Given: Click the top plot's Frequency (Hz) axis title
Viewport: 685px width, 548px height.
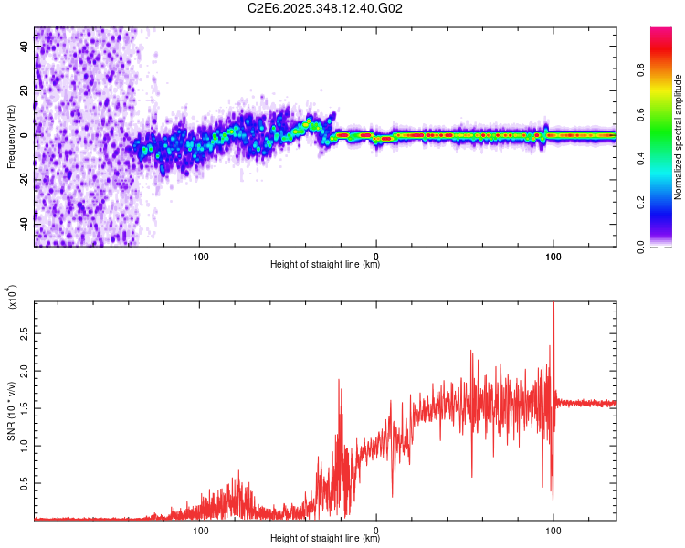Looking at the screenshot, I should tap(11, 137).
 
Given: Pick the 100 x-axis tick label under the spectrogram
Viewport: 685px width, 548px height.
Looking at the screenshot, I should tap(553, 255).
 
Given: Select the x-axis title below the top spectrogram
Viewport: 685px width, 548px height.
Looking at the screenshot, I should tap(325, 265).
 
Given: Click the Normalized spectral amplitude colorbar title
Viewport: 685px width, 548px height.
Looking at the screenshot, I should tap(679, 137).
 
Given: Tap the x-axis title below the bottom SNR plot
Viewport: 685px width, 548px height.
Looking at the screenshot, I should tap(325, 539).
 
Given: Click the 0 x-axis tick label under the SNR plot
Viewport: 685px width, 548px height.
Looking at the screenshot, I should tap(376, 529).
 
